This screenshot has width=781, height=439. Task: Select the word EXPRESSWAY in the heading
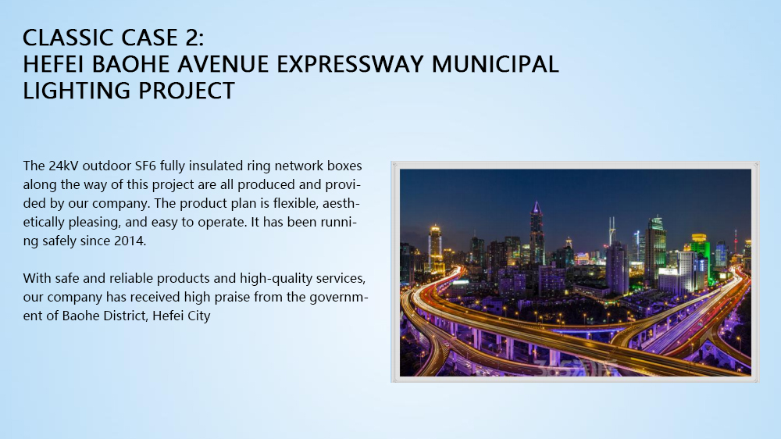click(350, 64)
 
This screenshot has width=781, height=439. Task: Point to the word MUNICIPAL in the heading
click(495, 64)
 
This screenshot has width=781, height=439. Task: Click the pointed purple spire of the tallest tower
click(537, 206)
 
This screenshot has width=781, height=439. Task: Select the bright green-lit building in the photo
click(699, 257)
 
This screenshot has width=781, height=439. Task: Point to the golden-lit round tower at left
click(435, 248)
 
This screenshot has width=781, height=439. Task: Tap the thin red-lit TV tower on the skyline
click(735, 241)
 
